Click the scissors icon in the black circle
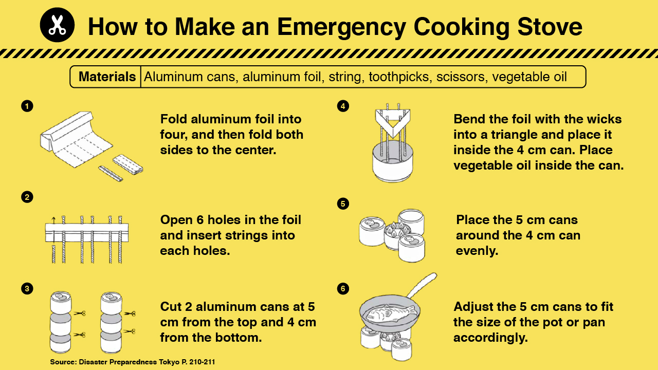(57, 25)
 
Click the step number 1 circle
(27, 106)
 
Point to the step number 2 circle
(27, 197)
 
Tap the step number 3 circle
(27, 288)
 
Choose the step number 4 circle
(343, 106)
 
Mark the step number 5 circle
(343, 204)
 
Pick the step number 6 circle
(343, 288)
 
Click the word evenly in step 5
(478, 251)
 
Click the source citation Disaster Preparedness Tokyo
(132, 362)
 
